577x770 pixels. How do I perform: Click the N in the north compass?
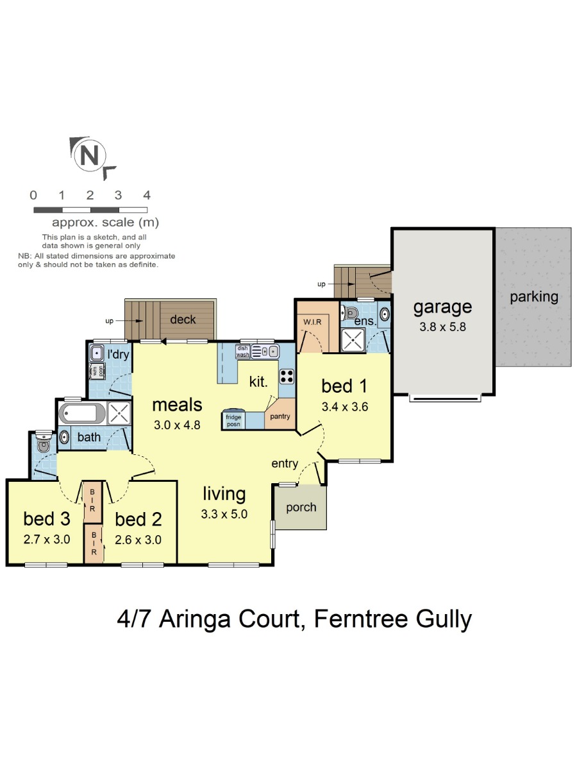coord(89,155)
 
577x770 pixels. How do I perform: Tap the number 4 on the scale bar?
coord(147,195)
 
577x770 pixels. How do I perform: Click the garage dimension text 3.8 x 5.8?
coord(443,327)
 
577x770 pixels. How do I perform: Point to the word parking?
coord(534,297)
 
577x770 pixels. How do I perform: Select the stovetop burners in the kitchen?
coord(287,376)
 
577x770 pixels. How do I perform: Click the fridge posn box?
coord(233,420)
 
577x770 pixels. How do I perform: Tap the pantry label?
coord(280,416)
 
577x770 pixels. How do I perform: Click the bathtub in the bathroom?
coord(82,413)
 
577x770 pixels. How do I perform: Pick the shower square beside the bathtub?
coord(119,413)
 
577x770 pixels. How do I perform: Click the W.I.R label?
coord(312,321)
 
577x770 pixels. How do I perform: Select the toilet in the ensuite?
coord(349,312)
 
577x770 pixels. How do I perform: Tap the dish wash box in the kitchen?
coord(242,352)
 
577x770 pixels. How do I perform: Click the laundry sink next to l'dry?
coord(96,353)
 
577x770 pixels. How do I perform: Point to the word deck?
coord(183,319)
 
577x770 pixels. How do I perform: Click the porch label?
coord(301,508)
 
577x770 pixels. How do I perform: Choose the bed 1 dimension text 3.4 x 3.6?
coord(345,407)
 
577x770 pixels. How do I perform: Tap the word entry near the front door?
coord(285,464)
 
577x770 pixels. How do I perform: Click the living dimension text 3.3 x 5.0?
coord(224,514)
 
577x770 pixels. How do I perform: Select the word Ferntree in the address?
coord(360,619)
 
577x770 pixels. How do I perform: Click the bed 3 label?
coord(47,519)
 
